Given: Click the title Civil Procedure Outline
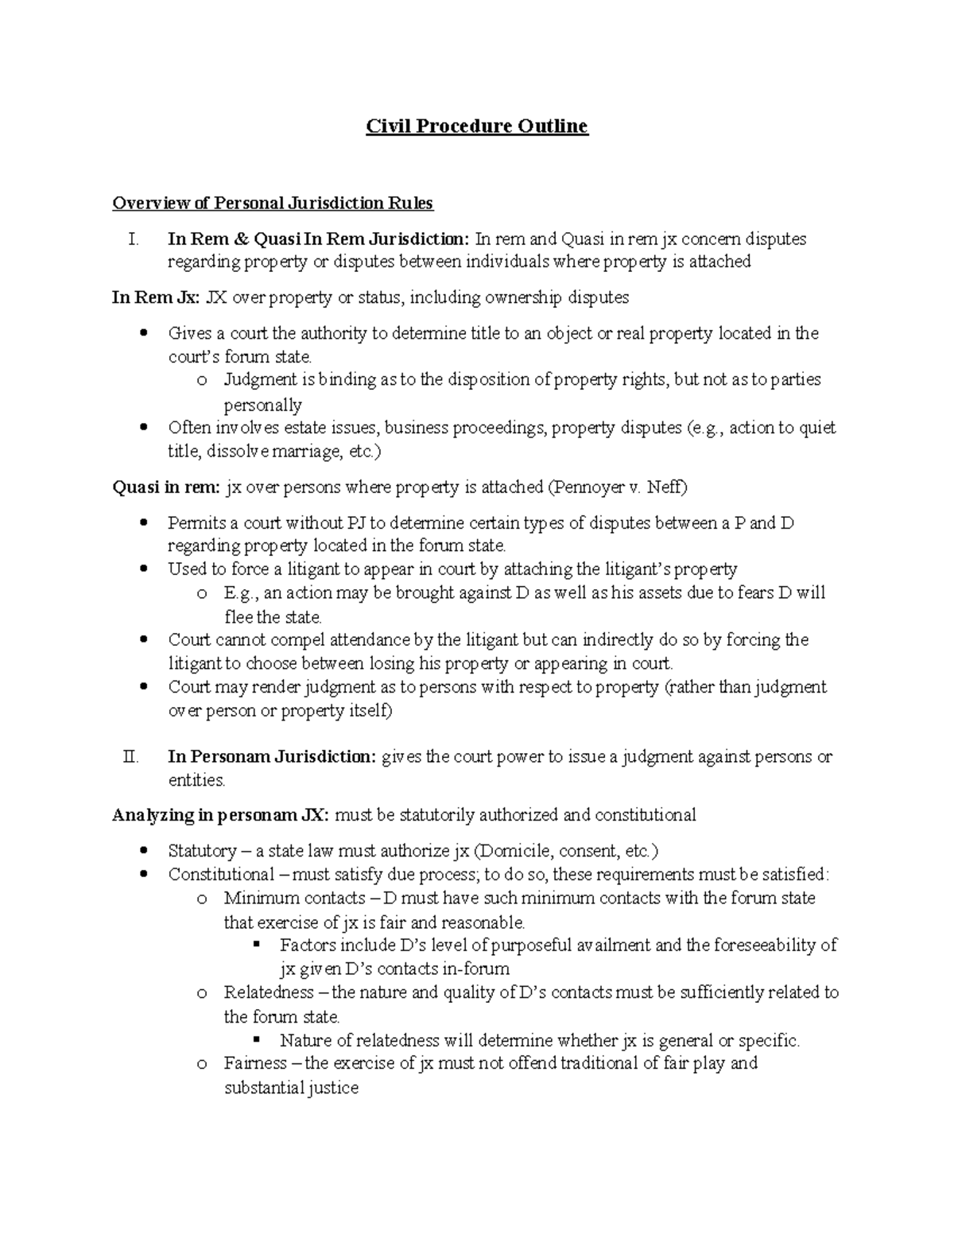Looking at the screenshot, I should [476, 126].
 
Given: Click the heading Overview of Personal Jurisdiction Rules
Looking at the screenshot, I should [273, 204].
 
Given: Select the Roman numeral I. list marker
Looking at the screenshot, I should [133, 239].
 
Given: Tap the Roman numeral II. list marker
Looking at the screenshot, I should [131, 757].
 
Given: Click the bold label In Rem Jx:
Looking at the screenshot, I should [156, 298].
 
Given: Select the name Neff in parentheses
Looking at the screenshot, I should [664, 488].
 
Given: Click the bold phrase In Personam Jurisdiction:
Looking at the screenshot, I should [272, 757].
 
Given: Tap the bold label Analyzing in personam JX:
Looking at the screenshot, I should [219, 816].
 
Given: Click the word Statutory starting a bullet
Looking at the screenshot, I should [201, 852].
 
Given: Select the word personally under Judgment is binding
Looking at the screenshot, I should [262, 406].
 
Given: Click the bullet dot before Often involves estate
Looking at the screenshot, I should [143, 428].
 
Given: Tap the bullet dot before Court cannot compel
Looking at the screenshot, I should [143, 640].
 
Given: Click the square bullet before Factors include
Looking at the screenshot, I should [256, 946].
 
